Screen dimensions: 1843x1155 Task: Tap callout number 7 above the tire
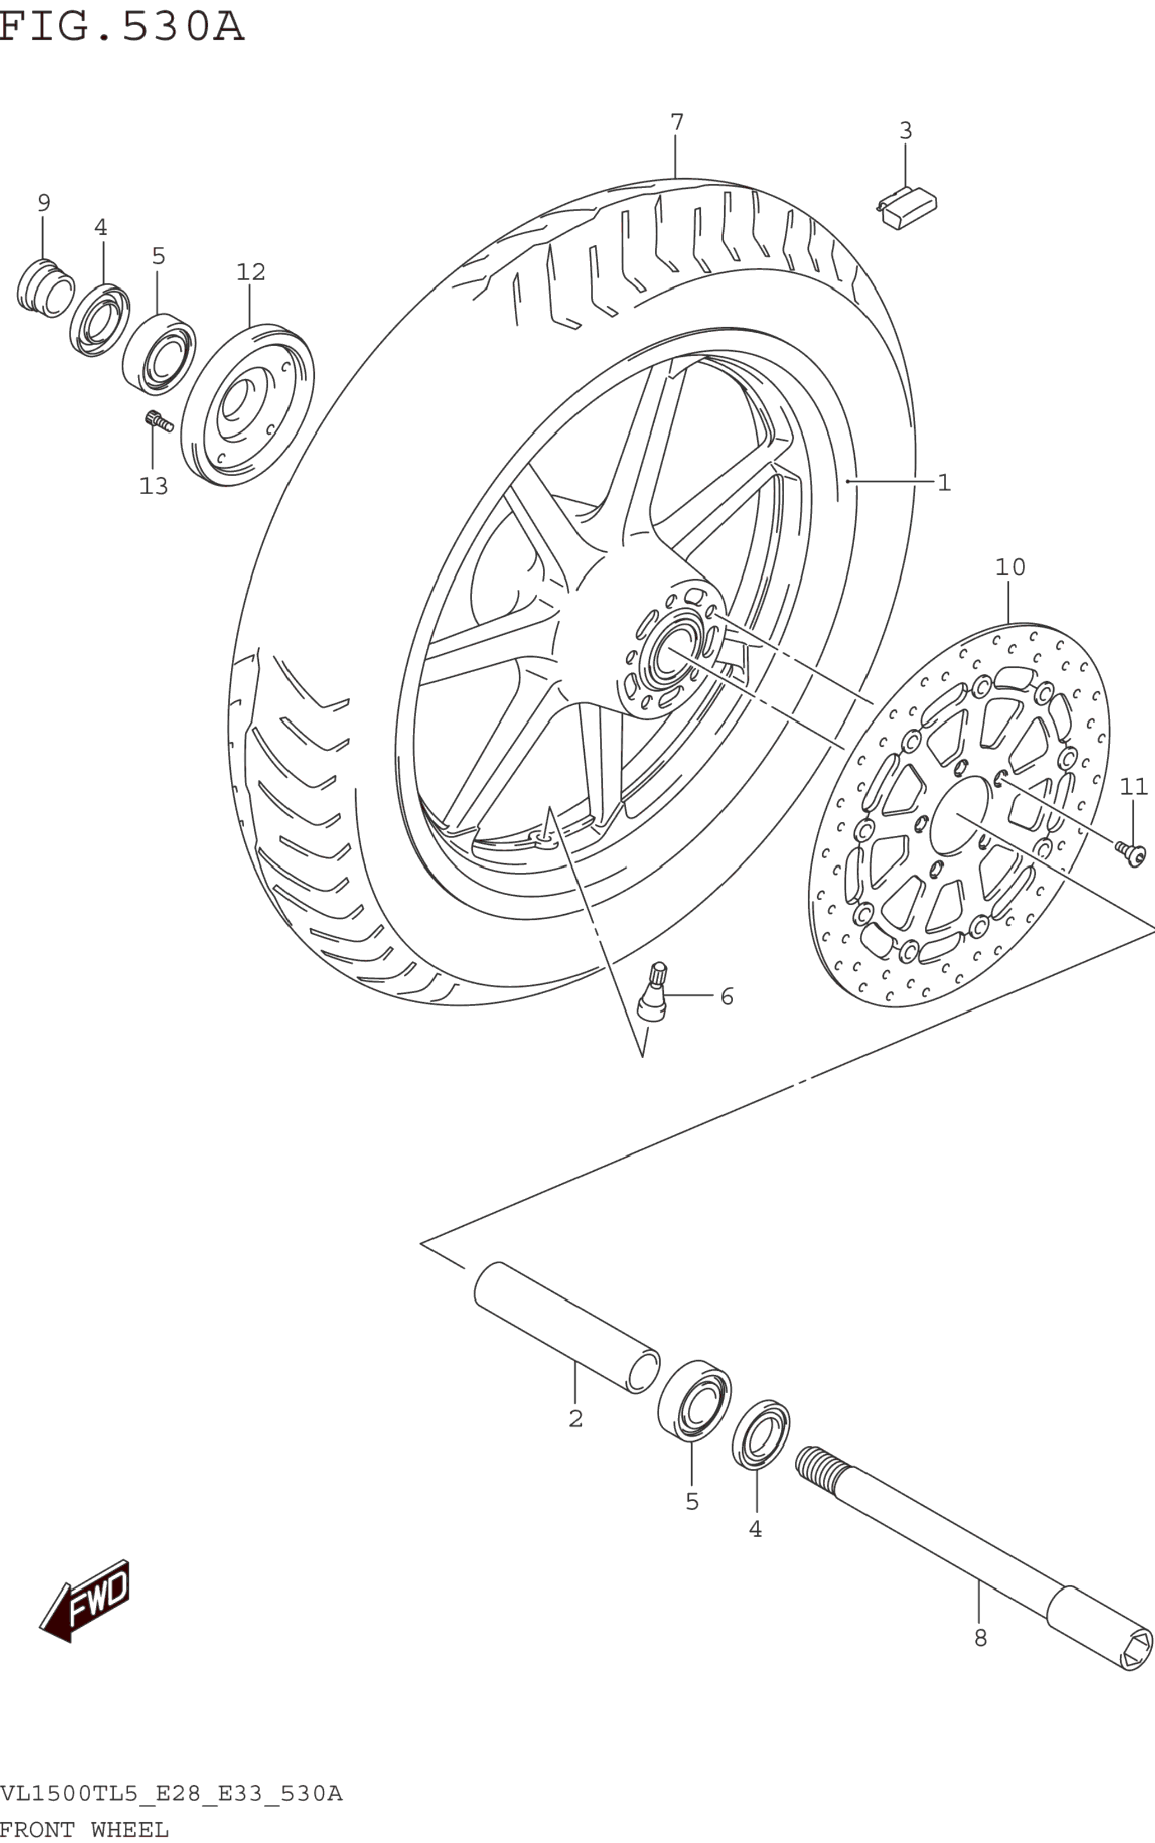tap(677, 122)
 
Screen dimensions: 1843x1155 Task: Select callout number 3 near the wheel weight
tap(905, 131)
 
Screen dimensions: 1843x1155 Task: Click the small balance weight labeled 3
tap(907, 208)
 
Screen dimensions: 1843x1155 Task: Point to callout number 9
tap(44, 203)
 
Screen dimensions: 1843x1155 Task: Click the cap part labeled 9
tap(45, 288)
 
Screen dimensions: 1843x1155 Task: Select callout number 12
tap(250, 272)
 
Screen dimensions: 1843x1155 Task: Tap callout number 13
tap(153, 486)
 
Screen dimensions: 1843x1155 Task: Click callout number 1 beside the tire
tap(944, 483)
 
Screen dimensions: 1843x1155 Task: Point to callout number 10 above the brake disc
tap(1010, 567)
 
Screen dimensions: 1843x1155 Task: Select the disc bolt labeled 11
tap(1130, 853)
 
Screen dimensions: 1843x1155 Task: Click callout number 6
tap(726, 997)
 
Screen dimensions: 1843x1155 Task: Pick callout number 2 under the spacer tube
tap(575, 1418)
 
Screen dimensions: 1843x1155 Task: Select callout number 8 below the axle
tap(980, 1637)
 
